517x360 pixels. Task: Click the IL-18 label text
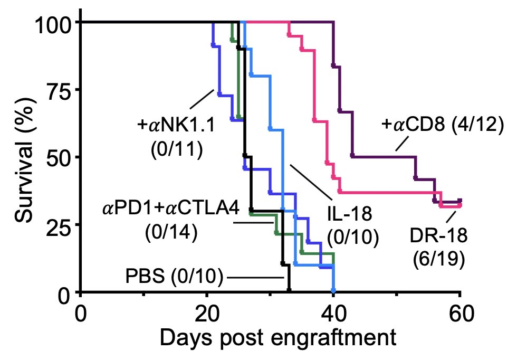coord(350,214)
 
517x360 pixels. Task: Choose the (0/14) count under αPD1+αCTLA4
coord(171,233)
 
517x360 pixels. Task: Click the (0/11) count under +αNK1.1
coord(176,150)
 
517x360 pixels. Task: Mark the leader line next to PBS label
coord(256,277)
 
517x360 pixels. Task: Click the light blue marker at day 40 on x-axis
coord(333,290)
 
